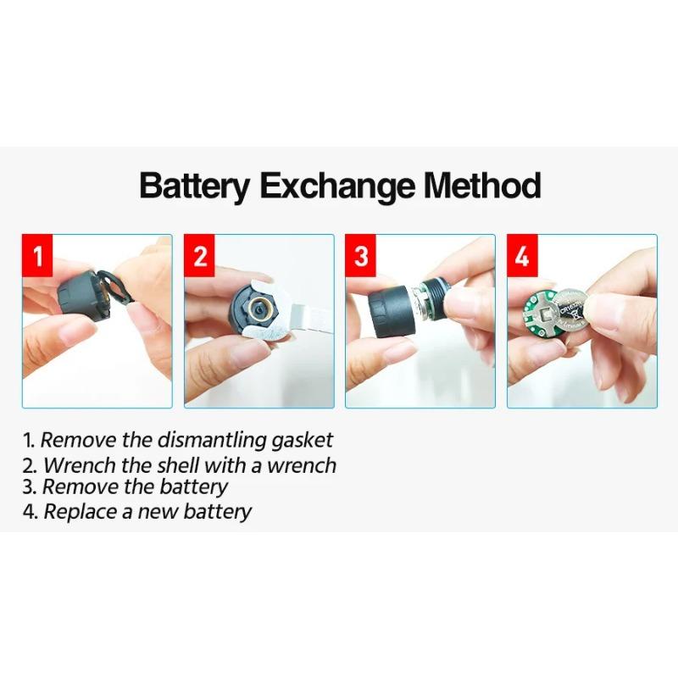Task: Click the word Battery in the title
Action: click(x=195, y=186)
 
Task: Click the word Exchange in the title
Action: click(x=336, y=186)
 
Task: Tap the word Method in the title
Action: click(x=481, y=185)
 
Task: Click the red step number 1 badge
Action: click(x=37, y=256)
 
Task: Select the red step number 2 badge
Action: click(x=199, y=256)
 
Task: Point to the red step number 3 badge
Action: click(x=361, y=256)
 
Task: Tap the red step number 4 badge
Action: click(x=522, y=256)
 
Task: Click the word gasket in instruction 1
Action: click(x=302, y=441)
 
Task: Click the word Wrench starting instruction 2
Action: click(x=81, y=465)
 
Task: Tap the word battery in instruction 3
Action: click(x=193, y=487)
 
